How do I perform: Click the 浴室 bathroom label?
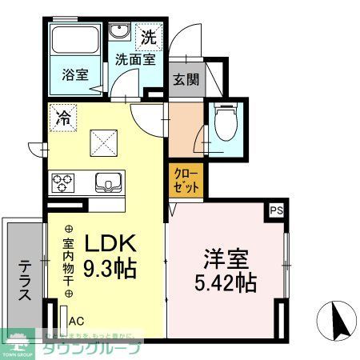(76, 75)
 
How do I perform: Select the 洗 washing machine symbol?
(150, 36)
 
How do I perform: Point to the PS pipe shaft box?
(276, 210)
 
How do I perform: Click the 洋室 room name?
(225, 259)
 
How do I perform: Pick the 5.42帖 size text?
(225, 283)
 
